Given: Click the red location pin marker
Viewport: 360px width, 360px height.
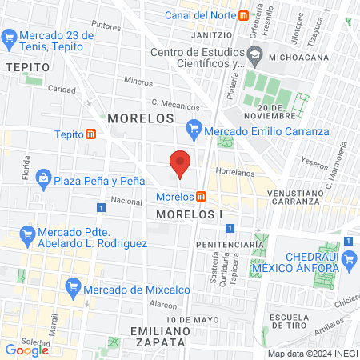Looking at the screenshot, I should coord(181,164).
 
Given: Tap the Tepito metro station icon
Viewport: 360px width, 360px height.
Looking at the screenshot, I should coord(93,134).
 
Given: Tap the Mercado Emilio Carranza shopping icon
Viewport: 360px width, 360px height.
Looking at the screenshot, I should coord(193,126).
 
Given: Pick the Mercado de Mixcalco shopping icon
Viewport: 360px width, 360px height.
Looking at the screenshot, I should coord(73,286).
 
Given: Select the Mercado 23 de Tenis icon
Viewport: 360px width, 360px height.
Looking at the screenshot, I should coord(10,36).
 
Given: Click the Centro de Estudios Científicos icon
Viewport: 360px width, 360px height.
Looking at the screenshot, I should coord(256,57).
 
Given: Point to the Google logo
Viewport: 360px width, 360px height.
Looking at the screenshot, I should coord(26,350).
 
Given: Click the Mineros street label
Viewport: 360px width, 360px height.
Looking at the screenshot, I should coord(138,81).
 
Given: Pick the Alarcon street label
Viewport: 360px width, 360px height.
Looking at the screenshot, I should coord(162,305).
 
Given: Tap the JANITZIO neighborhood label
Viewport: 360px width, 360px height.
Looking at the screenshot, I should coord(213,35).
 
